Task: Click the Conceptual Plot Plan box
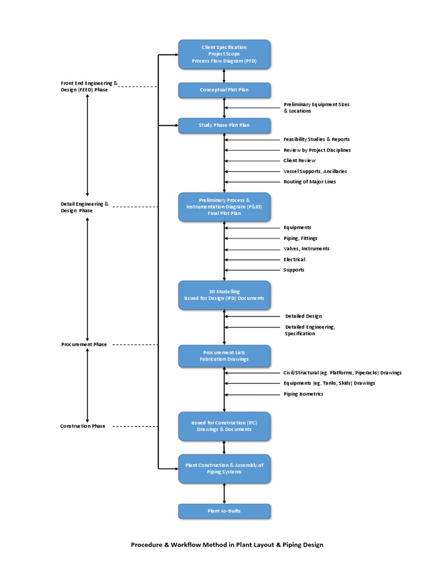(x=224, y=90)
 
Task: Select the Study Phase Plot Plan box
(x=224, y=125)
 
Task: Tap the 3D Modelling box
(x=224, y=295)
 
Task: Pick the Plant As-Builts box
(x=224, y=511)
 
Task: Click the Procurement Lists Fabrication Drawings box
(x=224, y=356)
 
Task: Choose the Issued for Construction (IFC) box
(x=224, y=426)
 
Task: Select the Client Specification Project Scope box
(x=224, y=54)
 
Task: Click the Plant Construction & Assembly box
(x=224, y=468)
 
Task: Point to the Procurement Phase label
(x=84, y=344)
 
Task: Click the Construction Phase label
(x=83, y=426)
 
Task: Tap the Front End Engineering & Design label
(x=89, y=86)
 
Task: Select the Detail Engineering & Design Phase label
(x=85, y=207)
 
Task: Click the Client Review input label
(x=299, y=161)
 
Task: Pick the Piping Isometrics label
(x=303, y=394)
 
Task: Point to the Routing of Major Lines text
(x=310, y=182)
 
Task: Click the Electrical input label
(x=294, y=259)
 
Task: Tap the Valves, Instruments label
(x=306, y=249)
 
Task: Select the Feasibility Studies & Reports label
(x=316, y=139)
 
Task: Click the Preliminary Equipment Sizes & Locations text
(x=316, y=107)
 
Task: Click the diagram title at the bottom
(x=227, y=544)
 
